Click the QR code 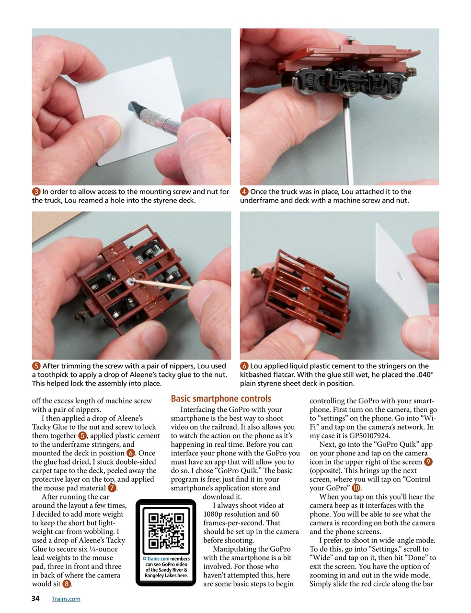pos(166,530)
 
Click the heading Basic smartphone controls pos(221,398)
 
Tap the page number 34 pos(35,599)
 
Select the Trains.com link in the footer pos(66,599)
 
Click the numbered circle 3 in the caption pos(36,192)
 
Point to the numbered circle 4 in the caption pos(244,192)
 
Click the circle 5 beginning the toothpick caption pos(36,366)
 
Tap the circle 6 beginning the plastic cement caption pos(244,366)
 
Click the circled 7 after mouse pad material pos(112,488)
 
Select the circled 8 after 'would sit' pos(67,584)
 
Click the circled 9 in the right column pos(428,462)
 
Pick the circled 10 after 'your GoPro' pos(356,488)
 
